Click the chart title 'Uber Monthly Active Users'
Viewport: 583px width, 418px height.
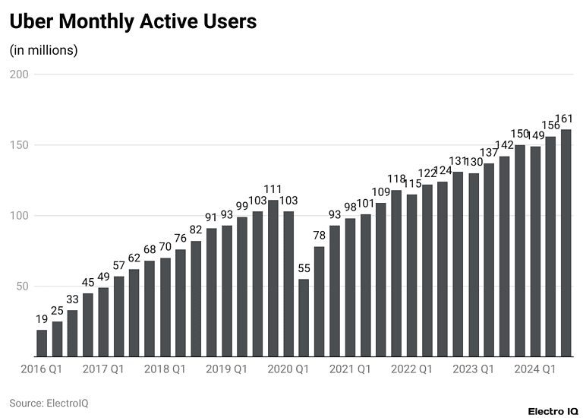(133, 22)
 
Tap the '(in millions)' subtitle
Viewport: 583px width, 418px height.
(43, 50)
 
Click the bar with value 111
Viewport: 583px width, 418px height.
(273, 278)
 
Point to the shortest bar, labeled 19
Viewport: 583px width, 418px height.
(42, 344)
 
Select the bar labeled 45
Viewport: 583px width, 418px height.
(88, 325)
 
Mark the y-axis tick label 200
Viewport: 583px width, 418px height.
(19, 74)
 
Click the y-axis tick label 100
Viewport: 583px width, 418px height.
(19, 216)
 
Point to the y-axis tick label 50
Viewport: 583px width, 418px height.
(22, 287)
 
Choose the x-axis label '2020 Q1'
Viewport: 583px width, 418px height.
(288, 369)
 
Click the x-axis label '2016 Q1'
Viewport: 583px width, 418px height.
(40, 369)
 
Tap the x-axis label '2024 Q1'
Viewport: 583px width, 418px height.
(534, 369)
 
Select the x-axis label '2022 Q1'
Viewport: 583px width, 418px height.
(411, 369)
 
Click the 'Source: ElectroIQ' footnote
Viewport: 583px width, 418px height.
(49, 403)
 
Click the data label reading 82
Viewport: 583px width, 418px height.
(196, 230)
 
